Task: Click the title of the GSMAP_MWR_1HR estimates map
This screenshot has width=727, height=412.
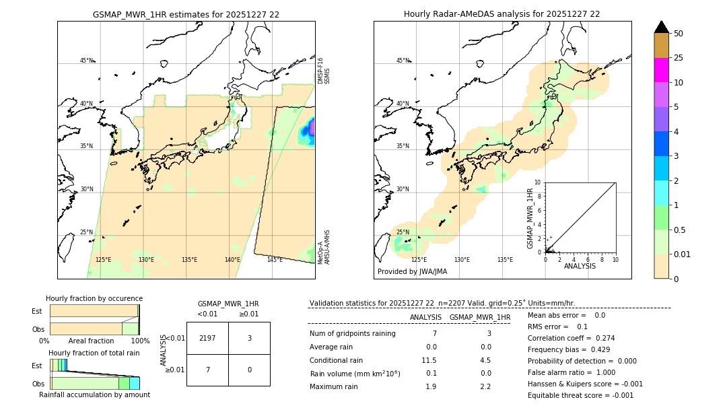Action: point(186,14)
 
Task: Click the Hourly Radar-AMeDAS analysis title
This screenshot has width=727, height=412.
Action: point(501,14)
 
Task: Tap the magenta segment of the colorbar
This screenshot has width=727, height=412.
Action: point(661,70)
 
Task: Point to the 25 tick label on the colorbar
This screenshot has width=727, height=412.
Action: point(679,58)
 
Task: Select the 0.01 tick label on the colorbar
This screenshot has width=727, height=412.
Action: point(683,254)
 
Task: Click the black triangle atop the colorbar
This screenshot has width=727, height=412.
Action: point(661,27)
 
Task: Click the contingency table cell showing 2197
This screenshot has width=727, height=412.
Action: point(207,338)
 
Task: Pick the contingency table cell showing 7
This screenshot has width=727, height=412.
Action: point(207,370)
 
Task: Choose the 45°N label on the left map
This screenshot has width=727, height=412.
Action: point(86,61)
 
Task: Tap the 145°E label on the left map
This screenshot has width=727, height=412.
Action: point(275,260)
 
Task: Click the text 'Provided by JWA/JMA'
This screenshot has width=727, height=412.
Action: point(412,272)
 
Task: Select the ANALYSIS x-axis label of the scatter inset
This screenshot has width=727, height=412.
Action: point(580,266)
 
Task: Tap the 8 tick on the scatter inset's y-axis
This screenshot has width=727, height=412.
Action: point(538,196)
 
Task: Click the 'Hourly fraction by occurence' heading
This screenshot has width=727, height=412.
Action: point(94,298)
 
